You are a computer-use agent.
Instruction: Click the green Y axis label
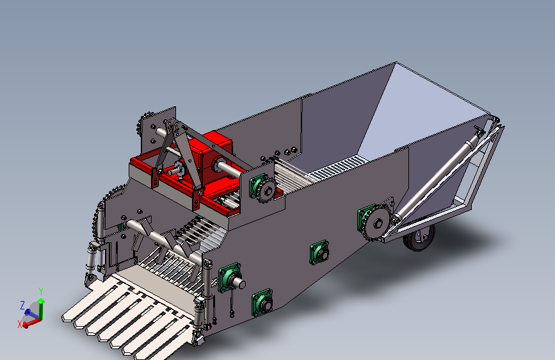click(x=41, y=291)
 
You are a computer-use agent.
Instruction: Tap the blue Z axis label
click(x=22, y=305)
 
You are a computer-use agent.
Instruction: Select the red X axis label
click(x=20, y=324)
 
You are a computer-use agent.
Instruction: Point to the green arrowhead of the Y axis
click(x=41, y=301)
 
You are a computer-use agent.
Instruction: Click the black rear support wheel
click(x=420, y=238)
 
